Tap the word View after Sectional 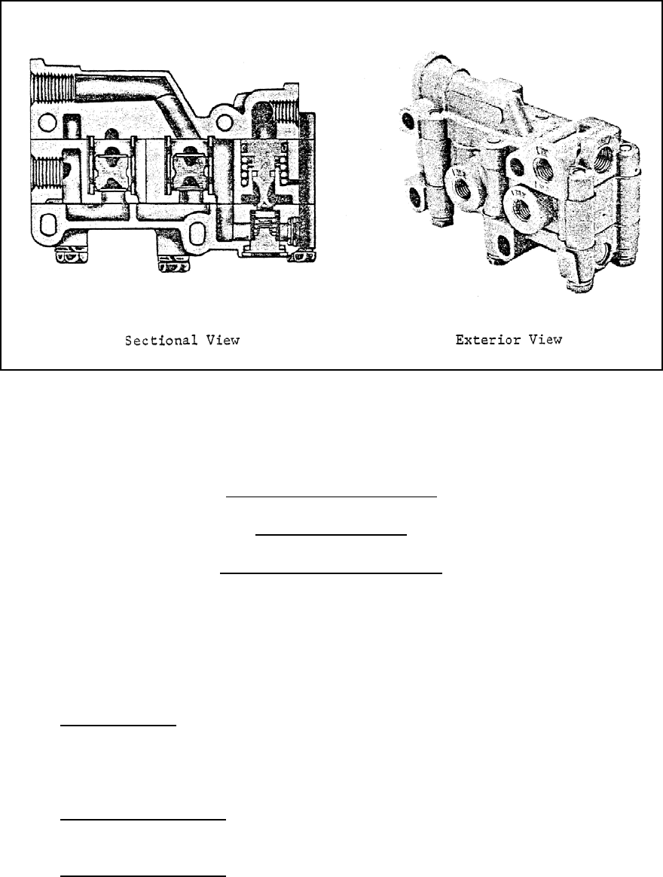point(224,341)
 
